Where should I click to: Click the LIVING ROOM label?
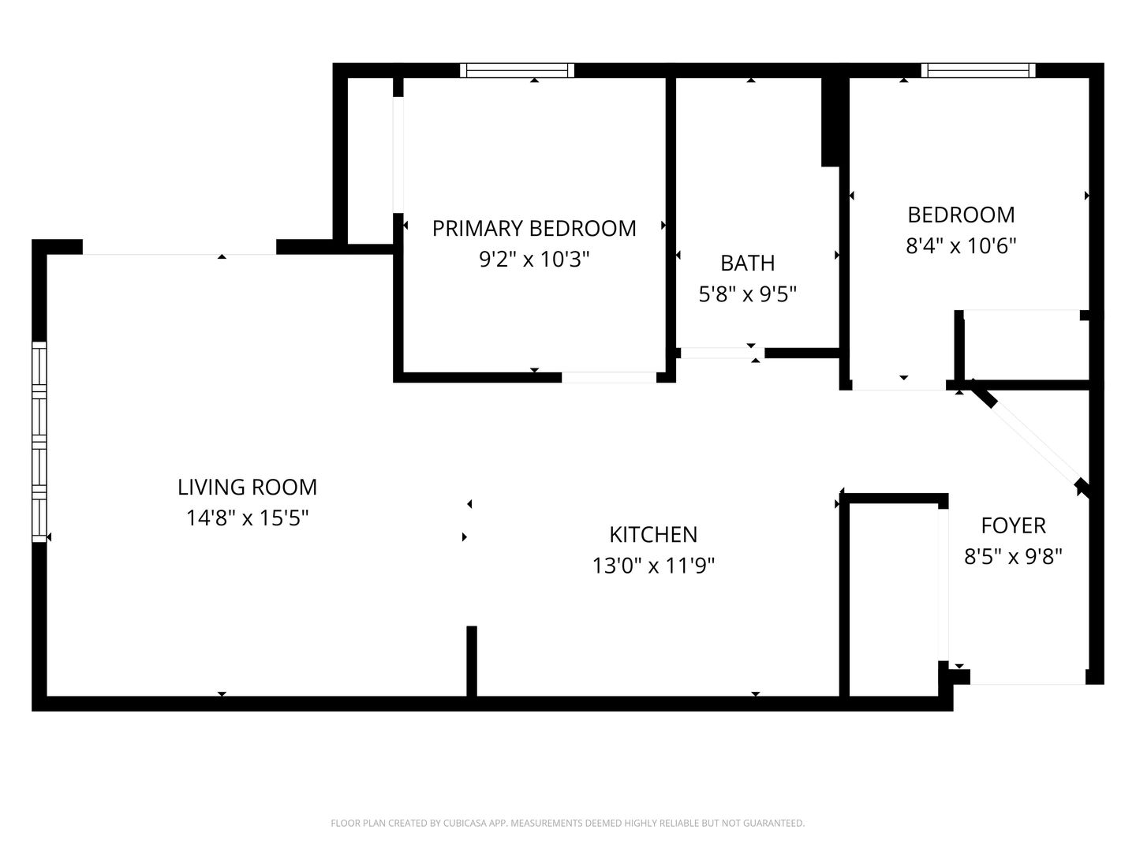247,487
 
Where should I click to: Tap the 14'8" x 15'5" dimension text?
247,518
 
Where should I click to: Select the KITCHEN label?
653,534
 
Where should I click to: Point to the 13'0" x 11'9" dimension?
653,566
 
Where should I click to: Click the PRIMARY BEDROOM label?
534,228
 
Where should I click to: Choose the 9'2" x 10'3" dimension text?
534,259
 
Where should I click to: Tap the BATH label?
747,263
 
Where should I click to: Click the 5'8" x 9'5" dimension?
747,294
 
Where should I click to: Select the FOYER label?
1013,525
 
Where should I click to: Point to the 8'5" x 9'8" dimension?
1013,557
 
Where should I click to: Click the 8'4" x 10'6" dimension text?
961,246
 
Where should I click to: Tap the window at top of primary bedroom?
517,71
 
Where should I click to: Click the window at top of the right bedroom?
978,71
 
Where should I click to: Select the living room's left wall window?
39,442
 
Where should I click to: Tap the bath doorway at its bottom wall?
720,353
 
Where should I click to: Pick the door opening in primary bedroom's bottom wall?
609,377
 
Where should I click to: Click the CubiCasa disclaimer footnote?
567,823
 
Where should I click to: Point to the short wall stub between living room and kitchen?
472,661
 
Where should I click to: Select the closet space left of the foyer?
893,600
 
